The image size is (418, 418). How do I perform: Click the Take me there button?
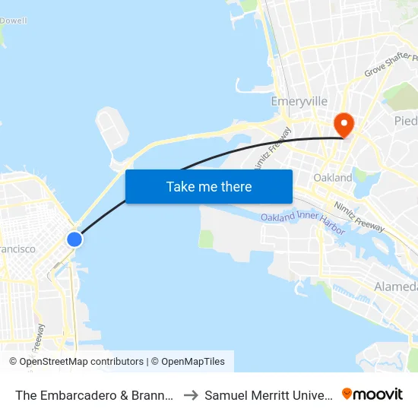pos(209,186)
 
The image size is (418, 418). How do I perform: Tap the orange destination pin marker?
pos(344,124)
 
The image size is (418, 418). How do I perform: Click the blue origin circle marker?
pos(74,239)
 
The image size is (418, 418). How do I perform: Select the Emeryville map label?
pos(299,101)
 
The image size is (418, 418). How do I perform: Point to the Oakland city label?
pos(333,177)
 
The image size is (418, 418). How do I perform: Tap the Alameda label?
pos(395,287)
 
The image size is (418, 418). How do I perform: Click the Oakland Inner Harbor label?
pos(302,222)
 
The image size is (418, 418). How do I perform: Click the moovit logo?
pos(372,394)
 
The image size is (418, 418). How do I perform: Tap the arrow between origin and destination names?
pos(191,394)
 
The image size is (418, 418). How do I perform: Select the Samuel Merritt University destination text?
pos(268,394)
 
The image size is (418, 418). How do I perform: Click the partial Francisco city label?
pos(17,249)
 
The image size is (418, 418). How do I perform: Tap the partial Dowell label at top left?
pos(14,21)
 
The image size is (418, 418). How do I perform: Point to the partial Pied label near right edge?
pos(405,121)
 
